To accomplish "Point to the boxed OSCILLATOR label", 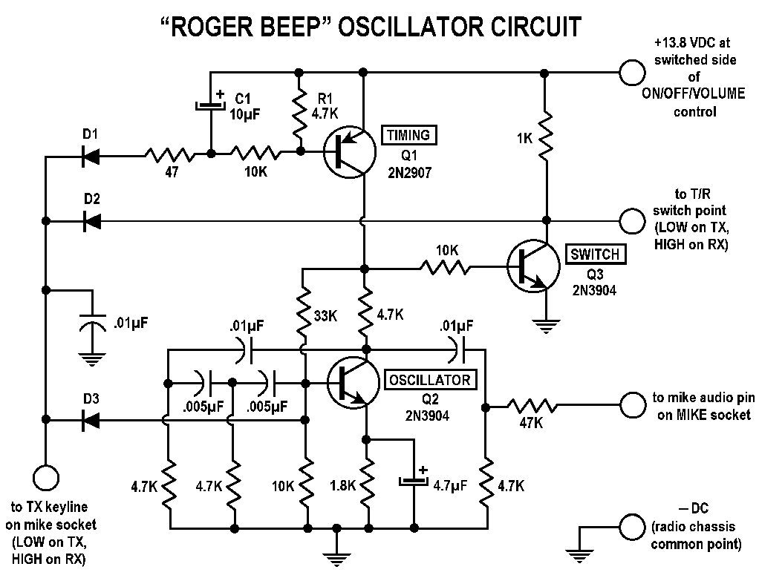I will coord(429,381).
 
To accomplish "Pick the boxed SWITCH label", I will coord(595,254).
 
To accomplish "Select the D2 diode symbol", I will coord(93,220).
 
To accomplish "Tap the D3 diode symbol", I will coord(93,421).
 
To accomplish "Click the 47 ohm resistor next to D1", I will coord(169,155).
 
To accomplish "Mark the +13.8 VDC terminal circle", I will coord(631,72).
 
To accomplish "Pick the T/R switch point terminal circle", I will coord(631,220).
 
